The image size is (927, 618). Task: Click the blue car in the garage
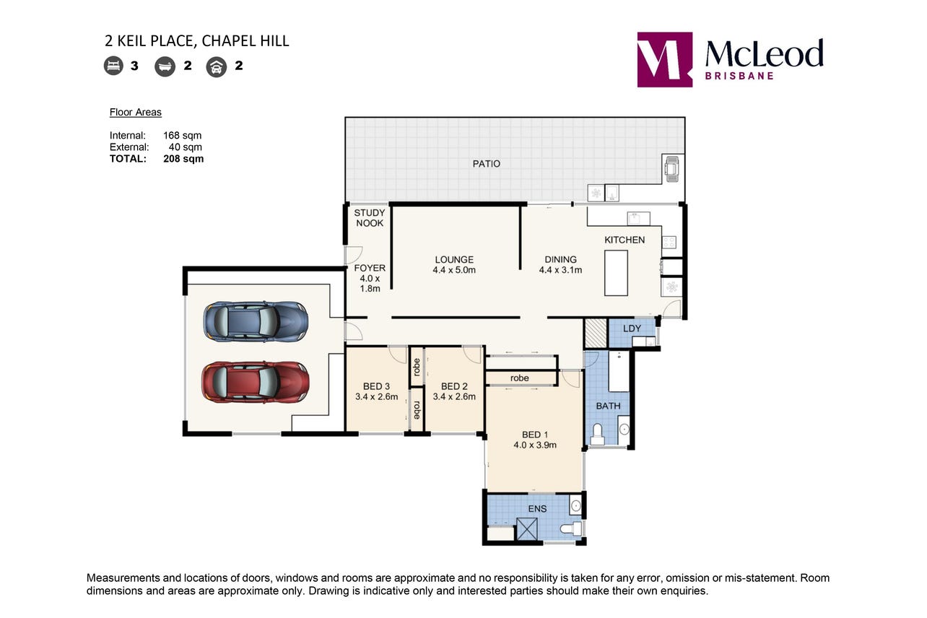point(256,321)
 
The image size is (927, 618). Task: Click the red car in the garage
point(256,382)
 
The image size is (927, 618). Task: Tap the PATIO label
point(487,164)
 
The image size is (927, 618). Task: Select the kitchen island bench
point(616,273)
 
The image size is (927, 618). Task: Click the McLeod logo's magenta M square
point(665,60)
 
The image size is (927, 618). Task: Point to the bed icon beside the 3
point(113,66)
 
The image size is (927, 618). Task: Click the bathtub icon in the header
point(165,66)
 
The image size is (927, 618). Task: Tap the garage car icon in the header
point(217,67)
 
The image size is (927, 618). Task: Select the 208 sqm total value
point(183,159)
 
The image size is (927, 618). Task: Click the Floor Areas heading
point(135,112)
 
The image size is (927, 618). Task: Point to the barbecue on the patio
point(671,168)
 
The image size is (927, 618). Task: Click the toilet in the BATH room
point(597,435)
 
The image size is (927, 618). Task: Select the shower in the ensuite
point(527,528)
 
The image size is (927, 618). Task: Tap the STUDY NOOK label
point(370,218)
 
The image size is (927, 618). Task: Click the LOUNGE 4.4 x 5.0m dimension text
point(454,270)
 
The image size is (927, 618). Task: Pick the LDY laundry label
point(632,328)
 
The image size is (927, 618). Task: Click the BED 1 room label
point(535,435)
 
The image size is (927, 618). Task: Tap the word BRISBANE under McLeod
point(739,76)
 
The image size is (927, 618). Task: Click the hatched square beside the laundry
point(596,334)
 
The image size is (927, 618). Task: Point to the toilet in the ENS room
point(572,528)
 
